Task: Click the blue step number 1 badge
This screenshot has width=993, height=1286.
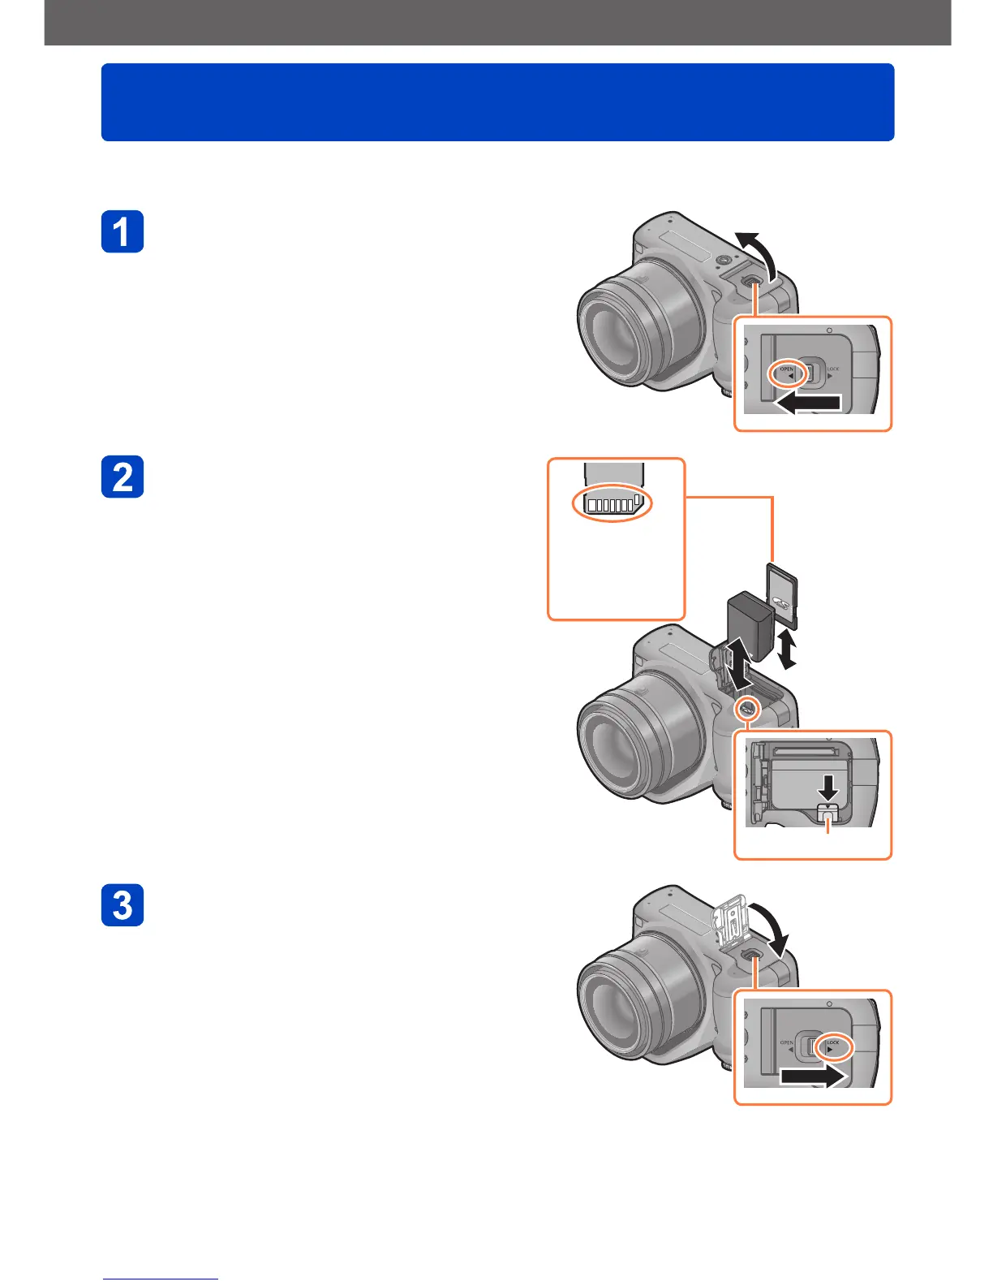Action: tap(123, 231)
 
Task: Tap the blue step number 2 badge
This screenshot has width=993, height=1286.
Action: tap(123, 477)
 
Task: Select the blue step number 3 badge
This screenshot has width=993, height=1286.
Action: tap(123, 904)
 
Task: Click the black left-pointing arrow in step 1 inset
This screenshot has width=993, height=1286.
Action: tap(808, 403)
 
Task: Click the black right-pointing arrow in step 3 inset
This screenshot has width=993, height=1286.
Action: tap(814, 1077)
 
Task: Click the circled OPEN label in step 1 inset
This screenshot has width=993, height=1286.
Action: tap(787, 373)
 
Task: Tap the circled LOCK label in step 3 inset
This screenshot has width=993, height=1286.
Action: tap(832, 1046)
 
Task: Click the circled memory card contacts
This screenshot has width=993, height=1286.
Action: tap(613, 504)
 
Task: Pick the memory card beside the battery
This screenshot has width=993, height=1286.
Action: tap(783, 595)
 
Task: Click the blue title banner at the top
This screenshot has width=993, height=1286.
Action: tap(497, 102)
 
